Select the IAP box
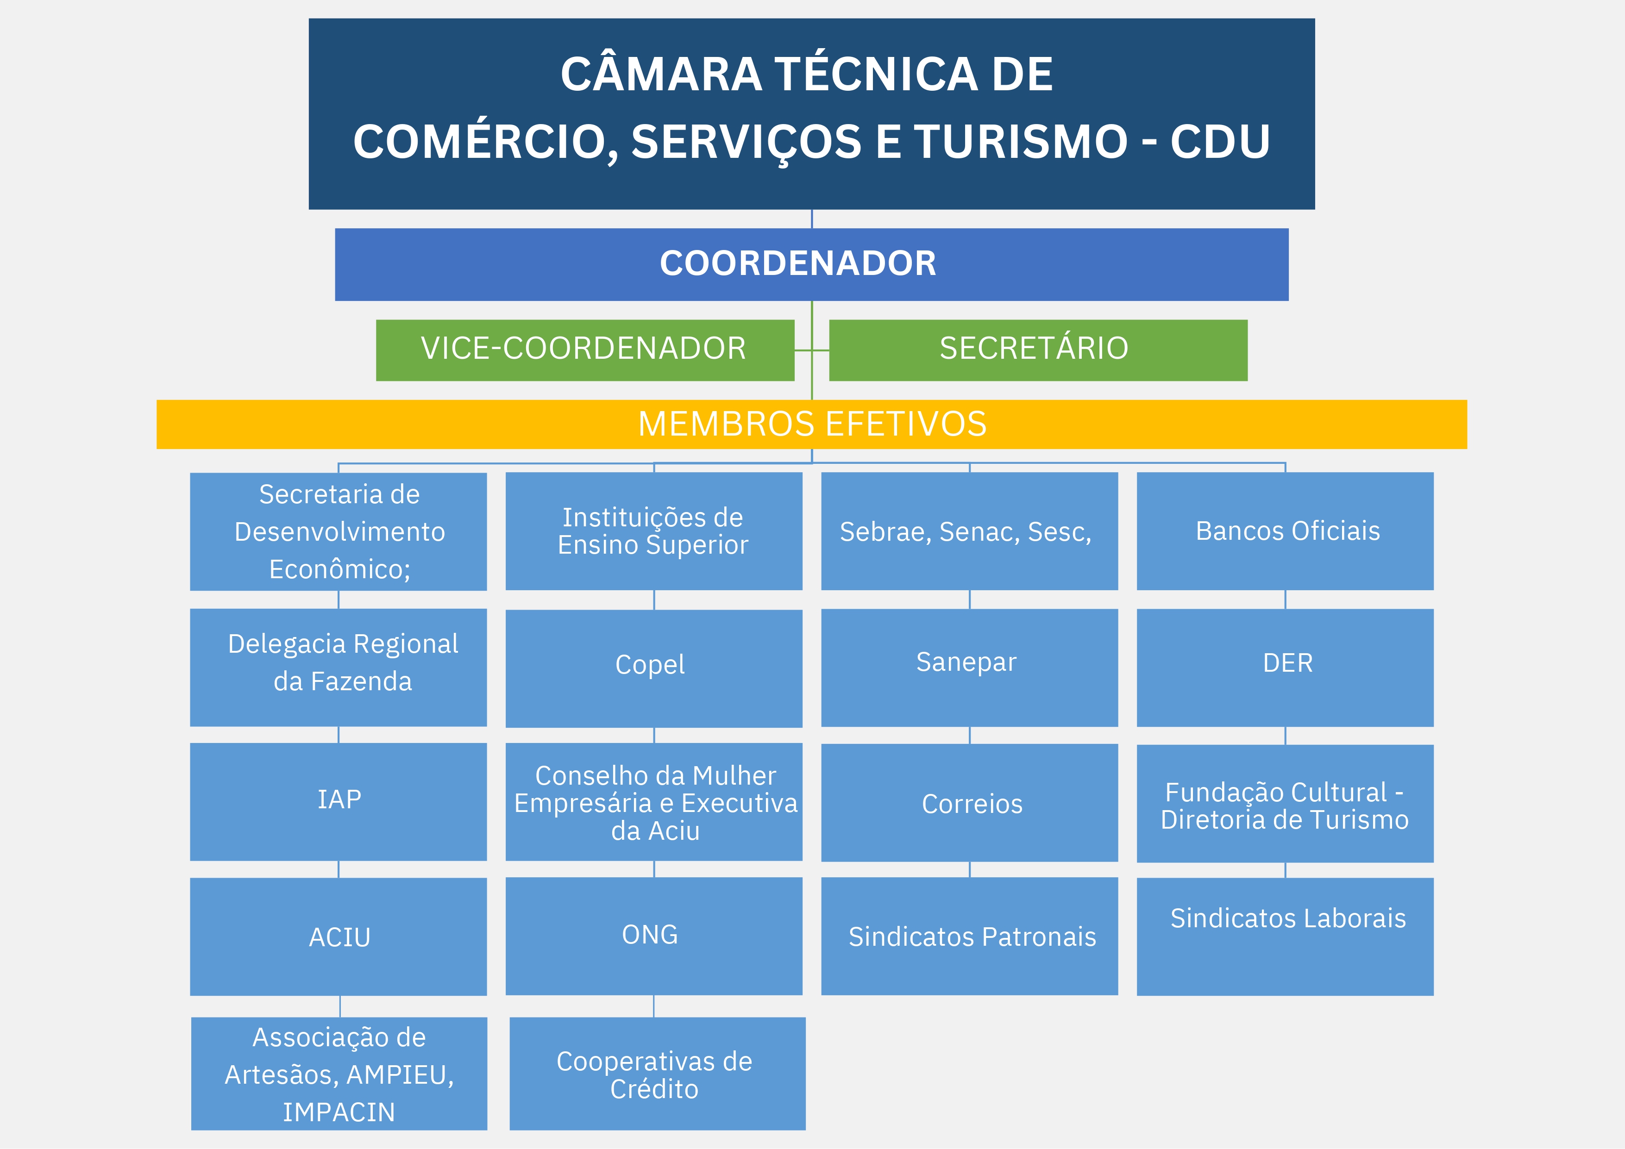[x=339, y=801]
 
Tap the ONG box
[x=653, y=935]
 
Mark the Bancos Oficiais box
[x=1285, y=531]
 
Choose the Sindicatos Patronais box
[x=969, y=935]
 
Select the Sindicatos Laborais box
[x=1285, y=935]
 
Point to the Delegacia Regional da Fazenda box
[x=339, y=667]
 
